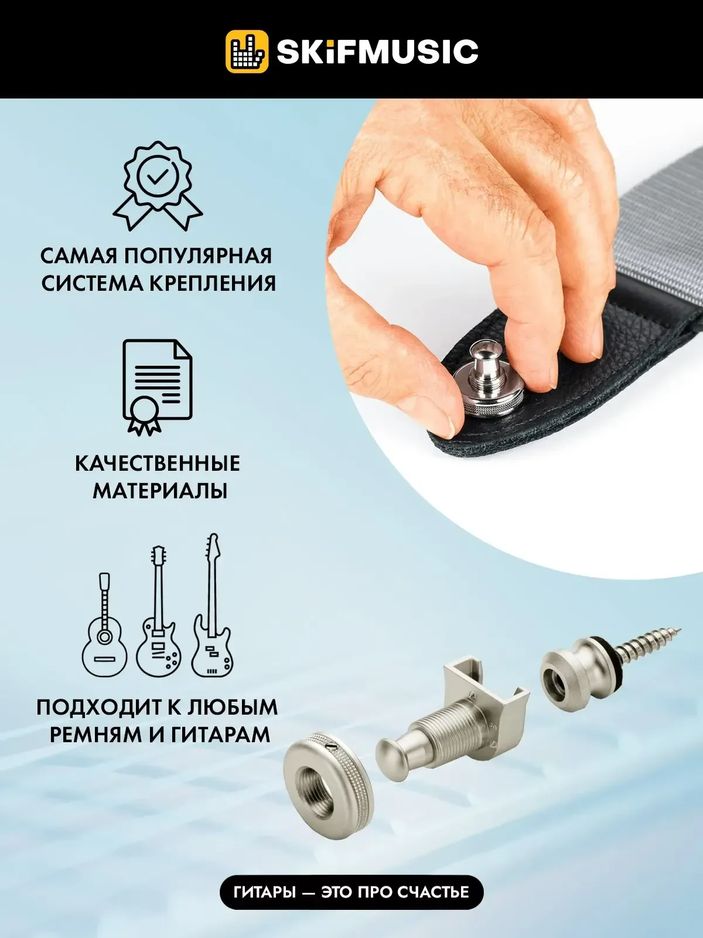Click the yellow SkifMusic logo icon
click(247, 51)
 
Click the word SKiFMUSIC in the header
click(377, 51)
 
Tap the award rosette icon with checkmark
click(158, 186)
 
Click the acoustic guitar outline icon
click(104, 625)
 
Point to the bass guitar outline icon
click(212, 605)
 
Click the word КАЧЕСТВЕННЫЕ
click(158, 464)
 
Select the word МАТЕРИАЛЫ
click(159, 491)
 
